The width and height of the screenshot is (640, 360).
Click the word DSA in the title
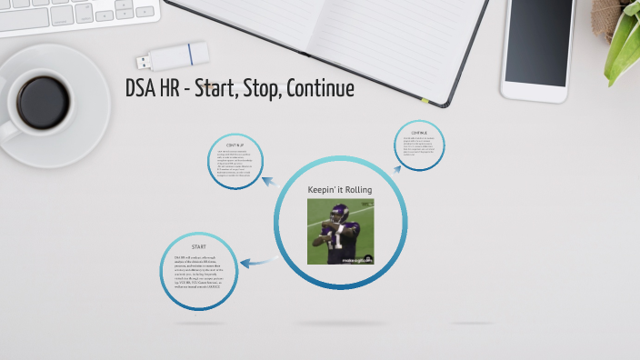pyautogui.click(x=141, y=88)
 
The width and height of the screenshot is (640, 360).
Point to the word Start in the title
pyautogui.click(x=215, y=88)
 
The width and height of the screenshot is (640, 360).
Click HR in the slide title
pyautogui.click(x=173, y=88)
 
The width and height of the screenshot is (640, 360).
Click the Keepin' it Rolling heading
pyautogui.click(x=339, y=189)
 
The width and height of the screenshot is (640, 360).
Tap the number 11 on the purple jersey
pyautogui.click(x=336, y=241)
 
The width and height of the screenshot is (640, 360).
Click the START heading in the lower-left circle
pyautogui.click(x=198, y=247)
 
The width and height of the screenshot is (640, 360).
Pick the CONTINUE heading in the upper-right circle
pyautogui.click(x=419, y=132)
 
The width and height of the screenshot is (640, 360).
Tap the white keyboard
pyautogui.click(x=73, y=14)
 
